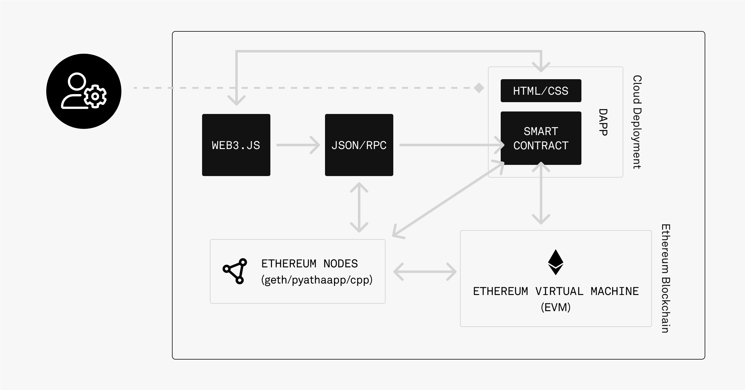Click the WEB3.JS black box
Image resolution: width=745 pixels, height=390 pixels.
click(236, 145)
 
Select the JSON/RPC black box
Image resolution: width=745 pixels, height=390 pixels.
click(359, 145)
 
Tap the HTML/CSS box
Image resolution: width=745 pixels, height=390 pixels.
click(541, 91)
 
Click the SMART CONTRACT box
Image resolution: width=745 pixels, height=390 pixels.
click(541, 138)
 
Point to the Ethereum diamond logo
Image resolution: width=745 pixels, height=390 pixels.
click(556, 262)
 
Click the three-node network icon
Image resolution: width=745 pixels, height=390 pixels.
click(235, 271)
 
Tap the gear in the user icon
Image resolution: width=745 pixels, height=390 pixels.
click(95, 97)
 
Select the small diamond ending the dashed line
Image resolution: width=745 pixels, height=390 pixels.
click(479, 88)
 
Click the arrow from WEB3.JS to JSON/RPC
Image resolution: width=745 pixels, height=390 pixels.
click(298, 145)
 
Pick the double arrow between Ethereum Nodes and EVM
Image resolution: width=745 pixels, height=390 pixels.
click(425, 272)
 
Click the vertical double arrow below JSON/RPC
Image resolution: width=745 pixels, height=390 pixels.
click(359, 207)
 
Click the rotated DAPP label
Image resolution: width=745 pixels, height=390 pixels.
click(603, 122)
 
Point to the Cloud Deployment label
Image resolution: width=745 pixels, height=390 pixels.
click(637, 122)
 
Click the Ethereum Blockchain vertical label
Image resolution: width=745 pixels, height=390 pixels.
click(666, 279)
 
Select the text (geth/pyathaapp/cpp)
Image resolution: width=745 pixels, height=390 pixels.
click(317, 280)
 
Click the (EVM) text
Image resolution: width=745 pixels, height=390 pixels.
click(556, 307)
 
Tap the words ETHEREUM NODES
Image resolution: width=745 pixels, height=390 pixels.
click(309, 264)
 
